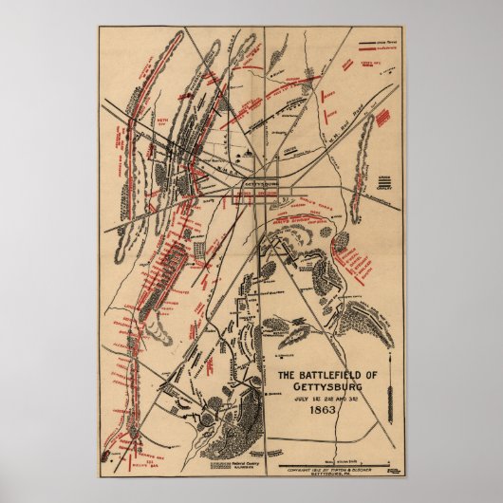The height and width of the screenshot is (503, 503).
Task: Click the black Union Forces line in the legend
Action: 367,43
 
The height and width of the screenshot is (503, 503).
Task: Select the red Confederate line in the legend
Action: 367,50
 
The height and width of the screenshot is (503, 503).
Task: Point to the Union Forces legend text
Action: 386,43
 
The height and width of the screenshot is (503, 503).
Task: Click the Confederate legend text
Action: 388,50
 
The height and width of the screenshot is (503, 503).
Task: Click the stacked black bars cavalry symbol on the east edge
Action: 384,181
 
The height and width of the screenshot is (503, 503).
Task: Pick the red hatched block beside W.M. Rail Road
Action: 381,120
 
